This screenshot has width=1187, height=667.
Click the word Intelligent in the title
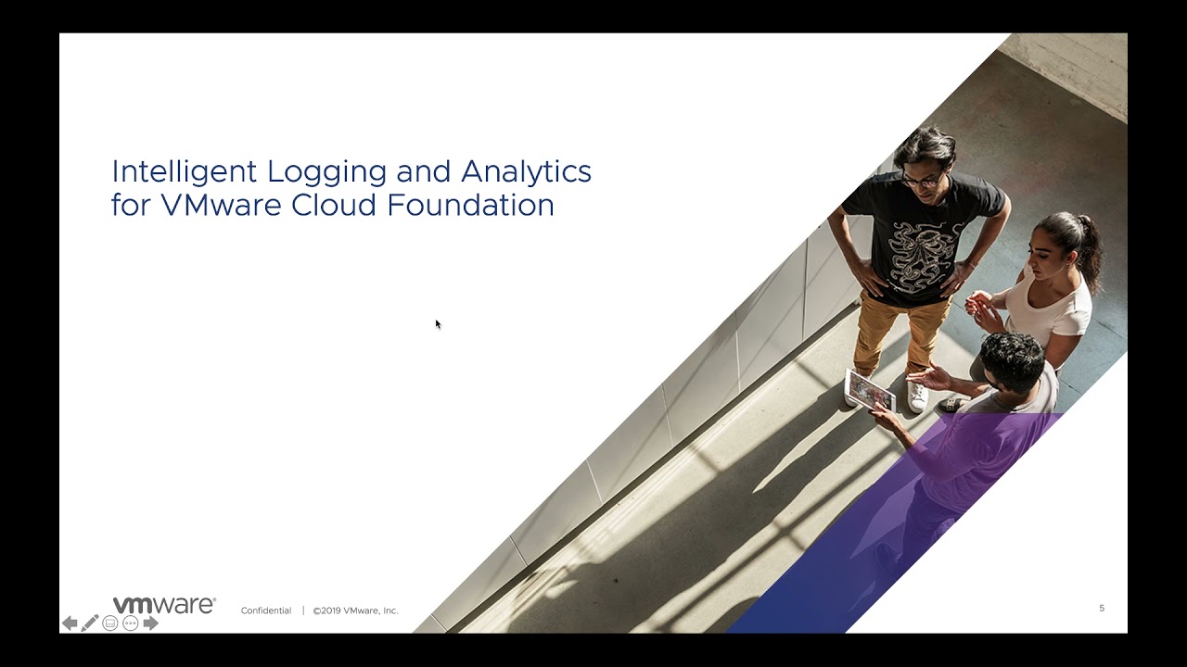(x=184, y=172)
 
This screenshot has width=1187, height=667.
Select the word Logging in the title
(x=327, y=172)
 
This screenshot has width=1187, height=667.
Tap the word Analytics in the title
(x=526, y=172)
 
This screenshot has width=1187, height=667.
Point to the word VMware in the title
(x=221, y=205)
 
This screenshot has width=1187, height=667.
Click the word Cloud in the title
(x=334, y=205)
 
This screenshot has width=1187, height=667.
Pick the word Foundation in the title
(x=471, y=205)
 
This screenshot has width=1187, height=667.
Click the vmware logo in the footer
(x=164, y=605)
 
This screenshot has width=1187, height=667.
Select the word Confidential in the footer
(x=266, y=610)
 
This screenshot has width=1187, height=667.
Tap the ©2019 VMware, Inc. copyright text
(x=355, y=610)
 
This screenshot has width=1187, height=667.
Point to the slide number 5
(x=1102, y=608)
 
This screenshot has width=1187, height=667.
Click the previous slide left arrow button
(x=70, y=623)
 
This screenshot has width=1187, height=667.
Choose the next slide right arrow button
(x=150, y=623)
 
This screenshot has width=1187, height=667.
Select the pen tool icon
(x=90, y=623)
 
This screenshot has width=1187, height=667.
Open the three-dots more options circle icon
(x=131, y=623)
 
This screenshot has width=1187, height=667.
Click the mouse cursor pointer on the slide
(x=439, y=324)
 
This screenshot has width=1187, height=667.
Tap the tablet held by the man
(x=870, y=390)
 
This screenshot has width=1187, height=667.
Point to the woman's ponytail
(x=1089, y=249)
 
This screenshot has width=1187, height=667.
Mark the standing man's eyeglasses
(x=922, y=181)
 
